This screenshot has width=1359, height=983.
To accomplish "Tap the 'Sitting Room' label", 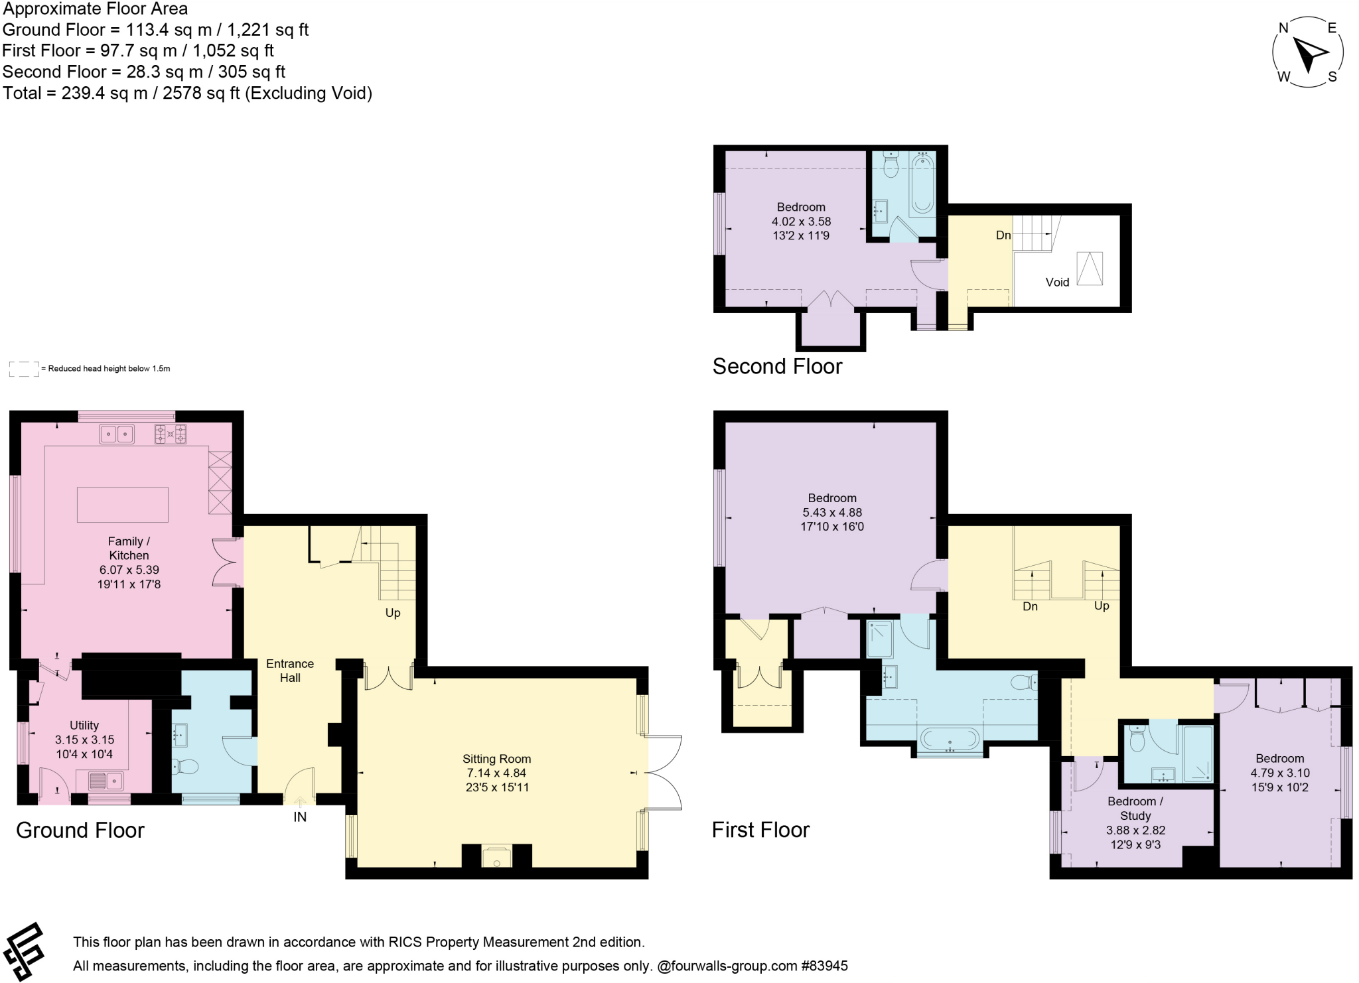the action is (496, 759).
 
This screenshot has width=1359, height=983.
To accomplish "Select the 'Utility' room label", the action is (84, 726).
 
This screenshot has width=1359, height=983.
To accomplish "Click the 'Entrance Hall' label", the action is (290, 671).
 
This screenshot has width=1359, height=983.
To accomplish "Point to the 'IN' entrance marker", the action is (300, 817).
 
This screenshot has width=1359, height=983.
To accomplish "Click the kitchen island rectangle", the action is (123, 505).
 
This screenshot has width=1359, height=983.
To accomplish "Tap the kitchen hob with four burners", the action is (171, 434).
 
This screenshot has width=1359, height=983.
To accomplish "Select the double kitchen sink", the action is (117, 434).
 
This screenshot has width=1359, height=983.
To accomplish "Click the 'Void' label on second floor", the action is (1057, 282).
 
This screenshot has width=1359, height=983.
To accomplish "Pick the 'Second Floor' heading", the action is (777, 366).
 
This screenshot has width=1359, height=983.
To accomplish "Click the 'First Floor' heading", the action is (760, 830).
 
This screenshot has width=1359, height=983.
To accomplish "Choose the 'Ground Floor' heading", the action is (80, 830).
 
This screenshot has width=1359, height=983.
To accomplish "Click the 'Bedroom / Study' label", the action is (1135, 809).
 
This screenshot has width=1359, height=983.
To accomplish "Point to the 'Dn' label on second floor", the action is (1003, 235).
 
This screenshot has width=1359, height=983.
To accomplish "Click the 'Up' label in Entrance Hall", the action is (393, 613).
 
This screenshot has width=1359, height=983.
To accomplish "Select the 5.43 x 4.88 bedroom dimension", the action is (832, 512).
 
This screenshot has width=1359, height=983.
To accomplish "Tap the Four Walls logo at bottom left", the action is (24, 952).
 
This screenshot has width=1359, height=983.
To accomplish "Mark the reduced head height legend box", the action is (24, 369).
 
